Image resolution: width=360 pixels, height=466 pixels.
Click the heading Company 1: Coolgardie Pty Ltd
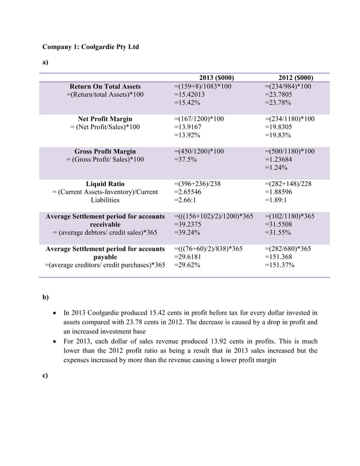[x=91, y=46]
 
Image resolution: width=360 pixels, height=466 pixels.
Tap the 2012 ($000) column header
[x=296, y=78]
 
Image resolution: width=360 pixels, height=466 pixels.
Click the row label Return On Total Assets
[x=105, y=86]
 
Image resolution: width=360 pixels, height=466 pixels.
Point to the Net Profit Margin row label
[x=105, y=119]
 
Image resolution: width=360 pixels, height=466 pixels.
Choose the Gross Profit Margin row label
[x=105, y=152]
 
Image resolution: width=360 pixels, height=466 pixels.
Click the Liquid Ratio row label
[x=105, y=184]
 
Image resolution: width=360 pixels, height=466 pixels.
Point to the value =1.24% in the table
[x=278, y=168]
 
